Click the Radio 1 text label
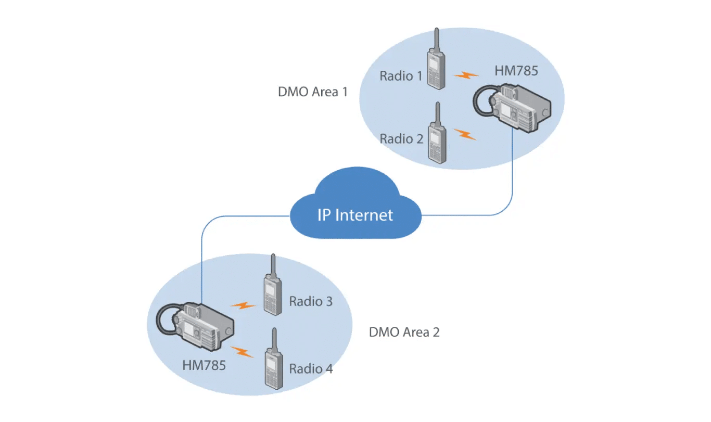(x=401, y=76)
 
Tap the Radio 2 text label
(x=401, y=139)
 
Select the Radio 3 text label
(x=311, y=301)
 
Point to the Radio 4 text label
(x=311, y=369)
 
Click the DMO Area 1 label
(x=313, y=92)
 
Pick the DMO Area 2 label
(x=404, y=332)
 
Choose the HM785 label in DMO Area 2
(x=204, y=365)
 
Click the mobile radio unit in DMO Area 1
(x=513, y=106)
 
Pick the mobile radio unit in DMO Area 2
(x=195, y=325)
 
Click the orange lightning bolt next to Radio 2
(x=465, y=134)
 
